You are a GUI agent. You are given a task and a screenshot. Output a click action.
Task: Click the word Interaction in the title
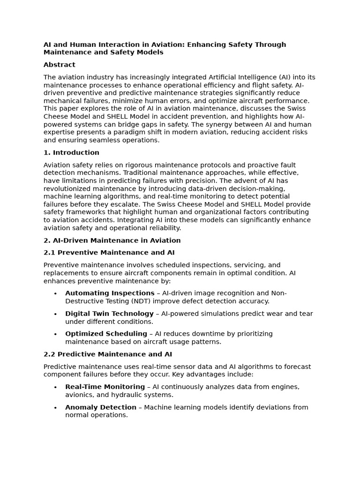[106, 45]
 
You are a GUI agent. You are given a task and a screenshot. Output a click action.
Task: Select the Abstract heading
[60, 65]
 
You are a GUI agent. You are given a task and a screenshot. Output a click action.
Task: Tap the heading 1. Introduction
[71, 152]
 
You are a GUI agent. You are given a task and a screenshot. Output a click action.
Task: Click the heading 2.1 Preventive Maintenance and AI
[109, 252]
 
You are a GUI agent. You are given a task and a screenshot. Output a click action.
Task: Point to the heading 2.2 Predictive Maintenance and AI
[108, 354]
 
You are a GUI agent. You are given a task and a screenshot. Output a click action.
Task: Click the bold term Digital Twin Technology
[109, 314]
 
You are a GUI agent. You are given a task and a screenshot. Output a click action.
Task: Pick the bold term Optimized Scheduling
[106, 334]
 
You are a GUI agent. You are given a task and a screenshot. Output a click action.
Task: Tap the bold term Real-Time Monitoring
[105, 387]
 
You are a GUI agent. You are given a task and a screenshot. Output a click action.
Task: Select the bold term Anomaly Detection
[101, 407]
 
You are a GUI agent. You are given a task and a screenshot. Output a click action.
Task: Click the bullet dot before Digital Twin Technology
[55, 314]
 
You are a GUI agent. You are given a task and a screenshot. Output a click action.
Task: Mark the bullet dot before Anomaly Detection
[55, 408]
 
